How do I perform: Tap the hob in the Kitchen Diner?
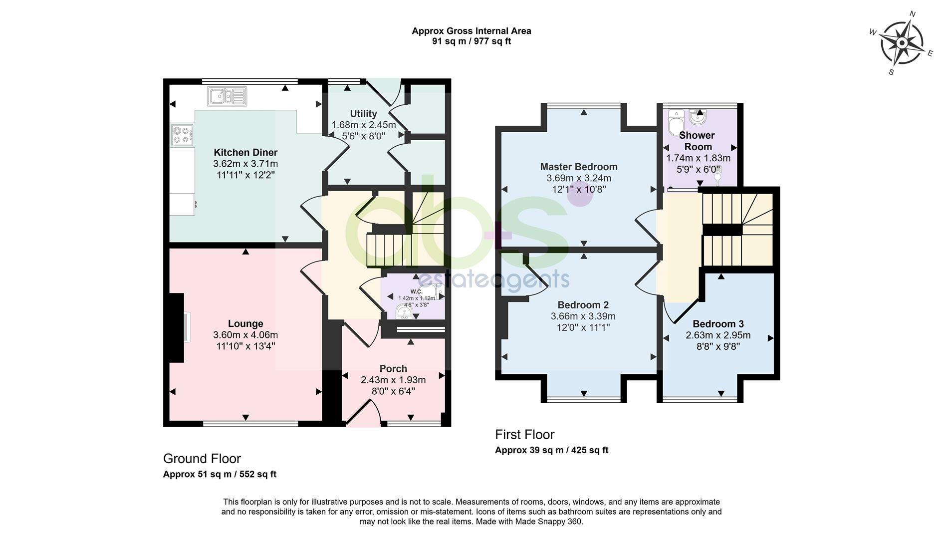click(x=182, y=135)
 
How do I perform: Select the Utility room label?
click(x=363, y=114)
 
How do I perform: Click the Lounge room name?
click(x=245, y=323)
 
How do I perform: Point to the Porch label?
click(x=393, y=369)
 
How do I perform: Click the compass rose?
click(x=901, y=43)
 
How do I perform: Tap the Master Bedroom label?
click(x=579, y=167)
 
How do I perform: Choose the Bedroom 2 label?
click(x=583, y=305)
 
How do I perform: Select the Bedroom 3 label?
click(x=718, y=324)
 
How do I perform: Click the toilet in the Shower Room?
click(x=676, y=119)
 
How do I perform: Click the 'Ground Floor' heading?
click(x=202, y=459)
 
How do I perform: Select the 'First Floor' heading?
click(x=525, y=434)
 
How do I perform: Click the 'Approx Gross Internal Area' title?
click(x=471, y=31)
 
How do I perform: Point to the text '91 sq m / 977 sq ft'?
click(x=471, y=41)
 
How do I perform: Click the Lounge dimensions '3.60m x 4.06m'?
click(x=245, y=335)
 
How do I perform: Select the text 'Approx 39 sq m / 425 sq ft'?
click(x=552, y=450)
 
